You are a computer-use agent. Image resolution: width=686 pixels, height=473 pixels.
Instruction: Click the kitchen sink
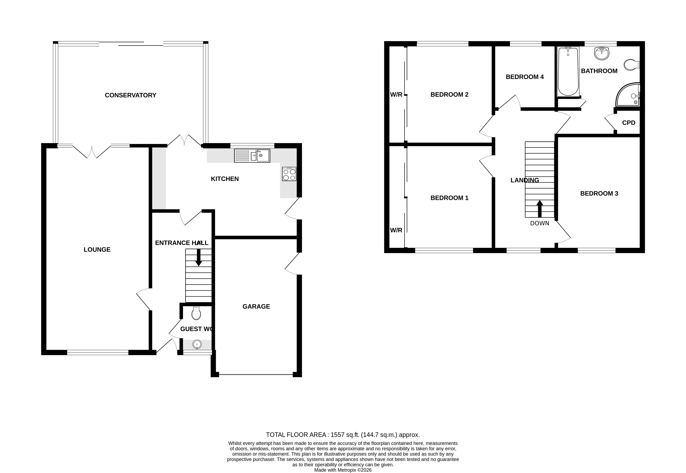pyautogui.click(x=252, y=156)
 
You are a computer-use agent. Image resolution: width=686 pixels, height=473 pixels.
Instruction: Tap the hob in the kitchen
pyautogui.click(x=289, y=174)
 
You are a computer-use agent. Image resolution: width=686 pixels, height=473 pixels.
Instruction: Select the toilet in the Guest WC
pyautogui.click(x=196, y=314)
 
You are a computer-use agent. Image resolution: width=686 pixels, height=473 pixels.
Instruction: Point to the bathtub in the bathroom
pyautogui.click(x=568, y=72)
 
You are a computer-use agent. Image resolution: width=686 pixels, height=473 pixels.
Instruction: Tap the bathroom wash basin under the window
pyautogui.click(x=602, y=53)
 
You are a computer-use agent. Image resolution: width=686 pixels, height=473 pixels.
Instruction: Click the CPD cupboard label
pyautogui.click(x=628, y=123)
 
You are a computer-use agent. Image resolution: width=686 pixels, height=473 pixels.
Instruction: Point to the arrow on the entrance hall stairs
pyautogui.click(x=198, y=257)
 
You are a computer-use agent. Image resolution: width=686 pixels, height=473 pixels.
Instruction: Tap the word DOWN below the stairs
pyautogui.click(x=539, y=223)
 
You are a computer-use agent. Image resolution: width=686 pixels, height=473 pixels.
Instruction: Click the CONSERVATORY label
pyautogui.click(x=131, y=95)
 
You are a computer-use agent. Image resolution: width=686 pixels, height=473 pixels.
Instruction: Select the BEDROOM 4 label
pyautogui.click(x=525, y=77)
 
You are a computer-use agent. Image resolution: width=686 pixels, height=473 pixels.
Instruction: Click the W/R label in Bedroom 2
pyautogui.click(x=396, y=95)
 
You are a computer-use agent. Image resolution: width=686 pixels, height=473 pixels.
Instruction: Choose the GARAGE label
pyautogui.click(x=256, y=306)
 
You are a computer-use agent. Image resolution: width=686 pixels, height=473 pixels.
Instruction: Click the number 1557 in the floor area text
pyautogui.click(x=337, y=435)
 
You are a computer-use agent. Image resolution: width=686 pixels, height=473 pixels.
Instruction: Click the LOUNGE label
pyautogui.click(x=97, y=250)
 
